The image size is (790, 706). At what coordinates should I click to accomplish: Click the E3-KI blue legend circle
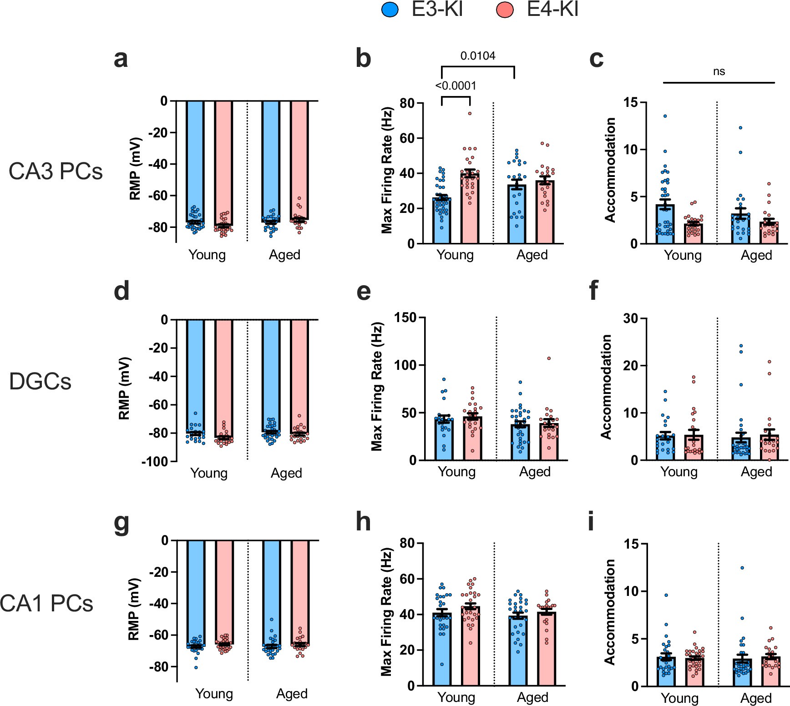click(390, 10)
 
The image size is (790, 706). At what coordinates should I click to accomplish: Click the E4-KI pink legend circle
click(505, 10)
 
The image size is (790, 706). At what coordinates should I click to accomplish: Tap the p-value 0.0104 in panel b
click(478, 56)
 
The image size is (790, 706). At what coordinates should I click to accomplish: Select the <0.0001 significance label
click(456, 86)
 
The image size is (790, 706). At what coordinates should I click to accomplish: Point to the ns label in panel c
click(719, 71)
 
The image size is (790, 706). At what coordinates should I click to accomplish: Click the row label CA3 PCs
click(56, 171)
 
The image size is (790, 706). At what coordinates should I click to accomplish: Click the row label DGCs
click(40, 381)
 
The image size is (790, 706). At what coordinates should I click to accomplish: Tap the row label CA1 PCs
click(46, 604)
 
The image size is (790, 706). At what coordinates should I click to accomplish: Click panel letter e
click(364, 291)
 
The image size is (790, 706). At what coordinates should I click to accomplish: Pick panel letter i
click(591, 522)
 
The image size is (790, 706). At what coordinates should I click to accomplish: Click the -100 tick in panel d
click(155, 461)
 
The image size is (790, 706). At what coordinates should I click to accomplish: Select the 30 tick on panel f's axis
click(630, 318)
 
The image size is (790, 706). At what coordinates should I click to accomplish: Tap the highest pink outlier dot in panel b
click(470, 113)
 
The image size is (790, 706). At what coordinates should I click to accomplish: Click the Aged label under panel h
click(532, 697)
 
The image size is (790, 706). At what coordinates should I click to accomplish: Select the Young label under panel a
click(207, 255)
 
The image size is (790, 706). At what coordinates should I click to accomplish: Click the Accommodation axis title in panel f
click(606, 387)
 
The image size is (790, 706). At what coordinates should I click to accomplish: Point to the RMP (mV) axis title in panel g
click(133, 610)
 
